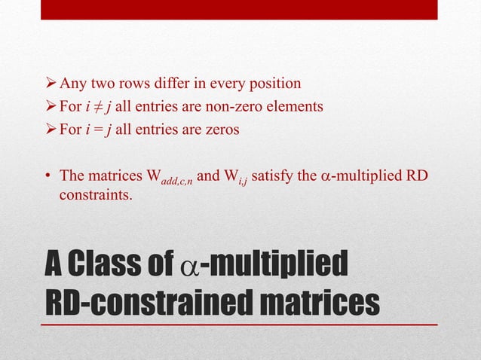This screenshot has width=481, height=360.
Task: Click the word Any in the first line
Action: click(74, 83)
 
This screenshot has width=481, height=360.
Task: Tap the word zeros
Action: click(219, 129)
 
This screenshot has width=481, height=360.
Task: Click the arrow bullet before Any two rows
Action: click(51, 84)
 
